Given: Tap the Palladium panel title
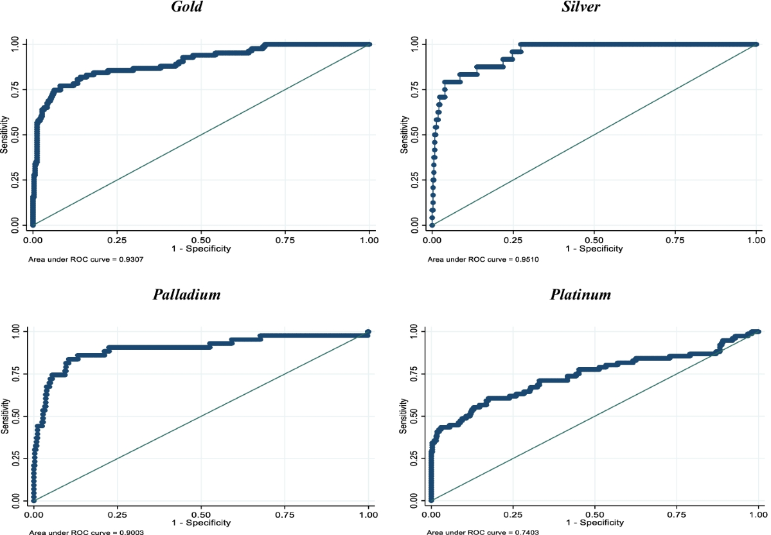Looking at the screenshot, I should tap(187, 295).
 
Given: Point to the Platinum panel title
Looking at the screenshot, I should tap(581, 295).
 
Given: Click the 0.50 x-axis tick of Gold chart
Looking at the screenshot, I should tap(201, 238).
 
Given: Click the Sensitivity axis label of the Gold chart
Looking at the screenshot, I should tap(4, 134).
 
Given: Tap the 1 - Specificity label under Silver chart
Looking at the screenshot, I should tap(594, 248).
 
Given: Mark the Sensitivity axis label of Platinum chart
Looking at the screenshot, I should tap(404, 417).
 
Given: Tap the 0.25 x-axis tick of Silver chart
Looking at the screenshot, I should tap(513, 238).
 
